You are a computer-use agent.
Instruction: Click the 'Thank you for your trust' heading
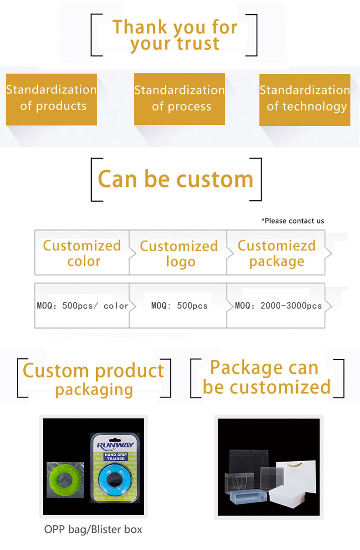[175, 36]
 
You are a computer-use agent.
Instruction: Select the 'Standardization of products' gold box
[51, 99]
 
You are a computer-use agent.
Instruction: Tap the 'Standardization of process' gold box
[180, 99]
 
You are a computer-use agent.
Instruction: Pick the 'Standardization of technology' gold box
[305, 100]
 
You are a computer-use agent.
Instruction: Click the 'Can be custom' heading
[175, 179]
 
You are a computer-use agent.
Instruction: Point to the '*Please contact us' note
[293, 221]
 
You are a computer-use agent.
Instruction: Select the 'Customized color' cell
[82, 253]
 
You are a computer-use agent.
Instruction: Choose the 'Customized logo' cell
[179, 253]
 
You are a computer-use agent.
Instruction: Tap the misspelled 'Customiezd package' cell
[277, 253]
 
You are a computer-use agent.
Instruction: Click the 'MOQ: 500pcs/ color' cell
[82, 306]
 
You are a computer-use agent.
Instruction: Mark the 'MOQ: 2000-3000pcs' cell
[276, 306]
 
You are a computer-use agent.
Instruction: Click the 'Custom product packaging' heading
[93, 380]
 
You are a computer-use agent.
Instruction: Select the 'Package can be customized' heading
[267, 377]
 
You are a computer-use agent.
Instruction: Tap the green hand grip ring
[65, 480]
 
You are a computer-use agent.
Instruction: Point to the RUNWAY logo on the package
[115, 445]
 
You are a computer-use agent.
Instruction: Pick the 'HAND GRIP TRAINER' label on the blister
[116, 457]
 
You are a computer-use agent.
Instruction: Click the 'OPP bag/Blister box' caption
[93, 530]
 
